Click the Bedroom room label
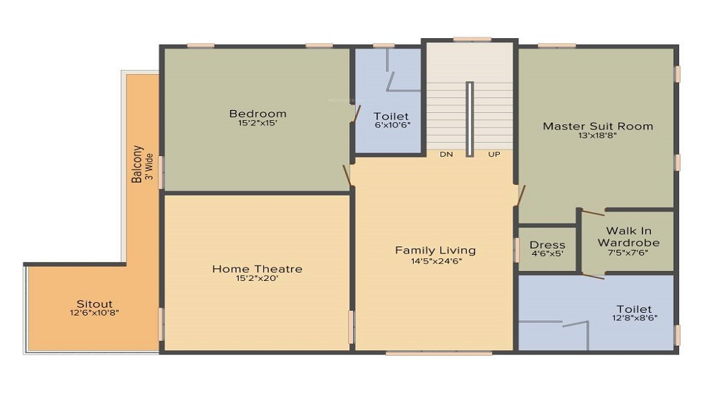[258, 114]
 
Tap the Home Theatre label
[257, 269]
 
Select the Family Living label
[435, 250]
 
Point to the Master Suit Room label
[597, 126]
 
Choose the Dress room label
[547, 245]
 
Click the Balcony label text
[138, 164]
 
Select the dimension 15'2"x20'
[258, 278]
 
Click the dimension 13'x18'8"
[597, 136]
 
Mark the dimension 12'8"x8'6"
[633, 318]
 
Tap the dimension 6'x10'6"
[391, 125]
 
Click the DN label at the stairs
[446, 154]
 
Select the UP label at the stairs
[493, 154]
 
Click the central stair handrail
[469, 118]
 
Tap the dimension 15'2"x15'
[258, 123]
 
